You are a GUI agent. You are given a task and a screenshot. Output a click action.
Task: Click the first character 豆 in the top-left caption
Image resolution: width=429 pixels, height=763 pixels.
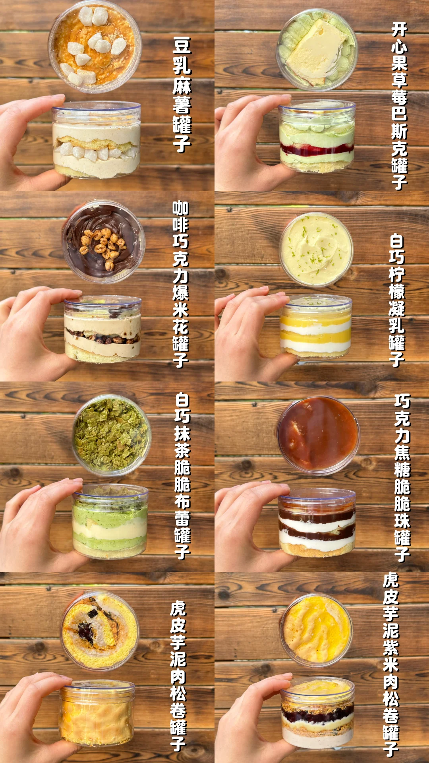tap(182, 46)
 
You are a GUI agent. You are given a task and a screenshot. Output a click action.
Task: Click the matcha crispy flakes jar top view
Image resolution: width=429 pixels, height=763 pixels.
tap(111, 435)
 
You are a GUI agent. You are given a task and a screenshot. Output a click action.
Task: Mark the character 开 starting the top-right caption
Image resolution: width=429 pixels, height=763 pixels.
tap(399, 30)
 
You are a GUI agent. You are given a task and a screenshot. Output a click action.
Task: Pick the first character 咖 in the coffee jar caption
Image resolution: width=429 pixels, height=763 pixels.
tap(180, 209)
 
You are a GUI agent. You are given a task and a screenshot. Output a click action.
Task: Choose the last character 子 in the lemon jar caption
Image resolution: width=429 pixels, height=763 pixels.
tap(396, 359)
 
